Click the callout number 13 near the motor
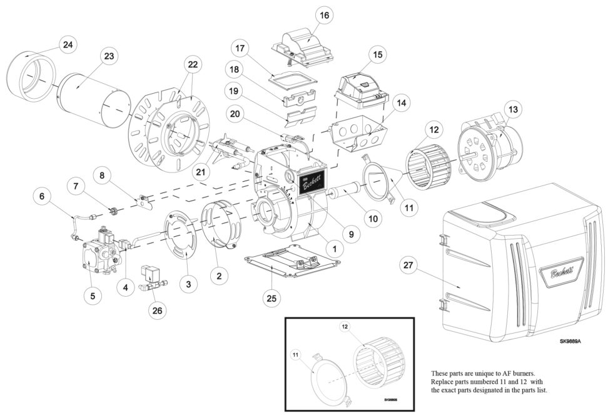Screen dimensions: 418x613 pyautogui.click(x=513, y=110)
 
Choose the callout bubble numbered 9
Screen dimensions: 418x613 pyautogui.click(x=351, y=235)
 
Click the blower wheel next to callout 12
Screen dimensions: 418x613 pyautogui.click(x=430, y=169)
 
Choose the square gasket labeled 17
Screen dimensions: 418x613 pyautogui.click(x=291, y=79)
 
